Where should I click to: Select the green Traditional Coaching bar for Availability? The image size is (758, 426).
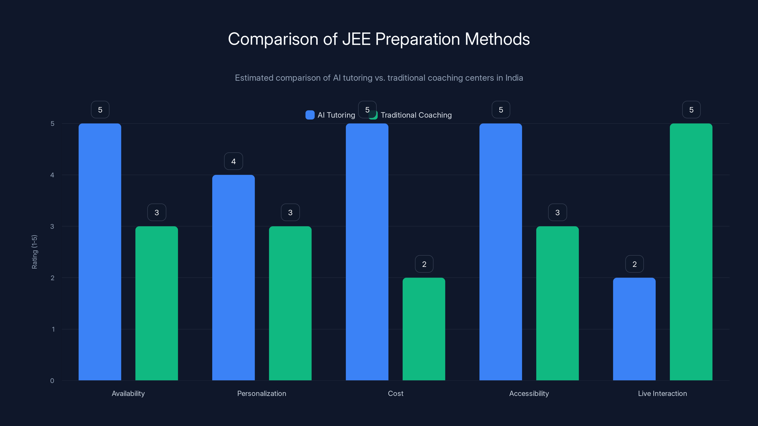point(157,303)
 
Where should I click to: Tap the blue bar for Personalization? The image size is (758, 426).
point(233,278)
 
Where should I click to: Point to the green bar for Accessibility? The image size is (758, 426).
point(557,303)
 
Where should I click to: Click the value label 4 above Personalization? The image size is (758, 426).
point(233,161)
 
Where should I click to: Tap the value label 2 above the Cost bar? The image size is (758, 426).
point(424,264)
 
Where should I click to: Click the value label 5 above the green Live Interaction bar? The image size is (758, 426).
point(691,110)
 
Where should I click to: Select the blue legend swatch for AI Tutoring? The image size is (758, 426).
point(310,115)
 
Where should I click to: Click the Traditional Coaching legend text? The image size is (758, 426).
point(416,115)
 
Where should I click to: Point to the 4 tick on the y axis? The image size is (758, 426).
point(52,175)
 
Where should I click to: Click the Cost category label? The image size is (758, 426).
point(396,393)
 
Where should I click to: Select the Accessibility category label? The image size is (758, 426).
point(529,393)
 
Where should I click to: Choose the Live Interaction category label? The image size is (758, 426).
point(662,393)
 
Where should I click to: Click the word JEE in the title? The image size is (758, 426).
point(356,39)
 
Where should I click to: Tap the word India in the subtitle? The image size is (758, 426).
point(514,78)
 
